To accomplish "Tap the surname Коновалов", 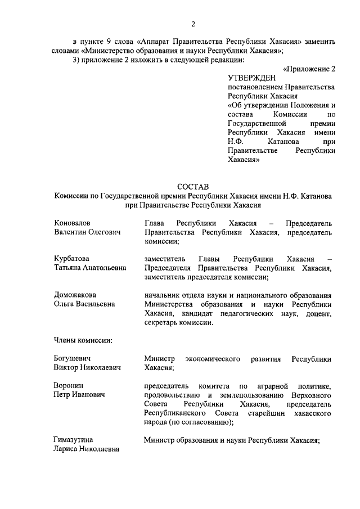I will tap(73, 223).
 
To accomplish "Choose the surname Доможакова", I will tap(75, 295).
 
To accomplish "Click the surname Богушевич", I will tap(73, 358).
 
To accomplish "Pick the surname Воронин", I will tap(69, 385).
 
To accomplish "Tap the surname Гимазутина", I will tap(74, 439).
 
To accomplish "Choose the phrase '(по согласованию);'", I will tap(201, 422).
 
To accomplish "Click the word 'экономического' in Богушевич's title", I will tap(214, 359).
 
